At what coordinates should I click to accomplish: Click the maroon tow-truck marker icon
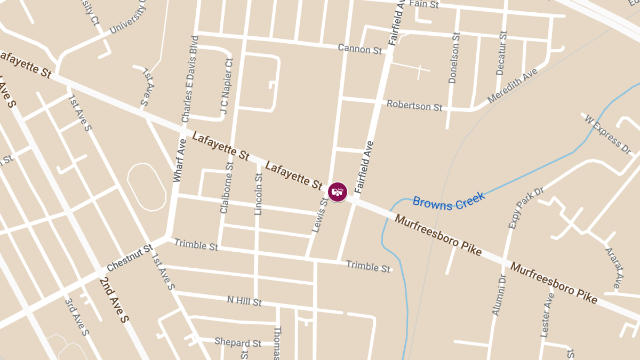[337, 192]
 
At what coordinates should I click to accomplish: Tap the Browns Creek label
[449, 201]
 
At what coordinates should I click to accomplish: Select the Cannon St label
[360, 49]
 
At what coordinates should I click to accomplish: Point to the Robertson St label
[414, 105]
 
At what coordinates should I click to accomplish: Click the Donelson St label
[453, 58]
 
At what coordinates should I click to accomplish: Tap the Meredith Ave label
[513, 86]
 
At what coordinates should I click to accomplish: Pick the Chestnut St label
[130, 258]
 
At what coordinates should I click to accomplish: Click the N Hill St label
[244, 301]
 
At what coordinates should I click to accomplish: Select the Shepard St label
[238, 342]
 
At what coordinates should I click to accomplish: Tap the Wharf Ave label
[179, 160]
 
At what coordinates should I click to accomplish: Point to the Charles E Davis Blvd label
[190, 78]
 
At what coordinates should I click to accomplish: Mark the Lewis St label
[320, 215]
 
